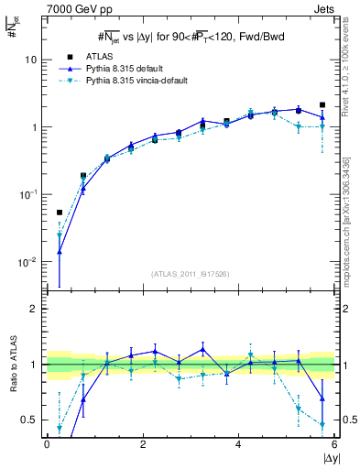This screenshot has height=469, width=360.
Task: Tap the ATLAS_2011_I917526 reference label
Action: pyautogui.click(x=190, y=274)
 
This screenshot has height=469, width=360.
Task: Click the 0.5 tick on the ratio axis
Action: pyautogui.click(x=30, y=420)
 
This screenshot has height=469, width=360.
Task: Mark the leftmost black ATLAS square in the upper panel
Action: pyautogui.click(x=60, y=213)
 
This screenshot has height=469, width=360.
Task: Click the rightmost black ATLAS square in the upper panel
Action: pyautogui.click(x=322, y=105)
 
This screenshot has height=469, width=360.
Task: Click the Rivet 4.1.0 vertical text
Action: pyautogui.click(x=352, y=73)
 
